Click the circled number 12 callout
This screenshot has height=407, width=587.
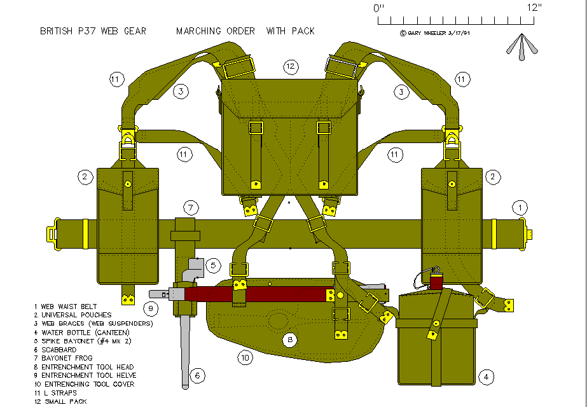point(291,66)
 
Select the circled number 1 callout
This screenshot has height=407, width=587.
point(520,207)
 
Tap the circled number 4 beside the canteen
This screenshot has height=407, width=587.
point(486,376)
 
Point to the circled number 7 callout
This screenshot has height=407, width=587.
point(190,207)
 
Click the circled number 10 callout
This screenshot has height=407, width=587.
point(245,358)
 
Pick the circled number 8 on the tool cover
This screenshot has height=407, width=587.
point(290,340)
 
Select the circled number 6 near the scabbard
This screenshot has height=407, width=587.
point(198,376)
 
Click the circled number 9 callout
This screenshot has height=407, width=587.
point(150,309)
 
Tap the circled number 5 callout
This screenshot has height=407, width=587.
point(214,265)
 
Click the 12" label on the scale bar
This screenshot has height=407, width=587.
point(534,8)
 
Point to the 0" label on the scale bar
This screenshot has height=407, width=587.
point(380,8)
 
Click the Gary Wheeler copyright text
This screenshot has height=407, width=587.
point(435,32)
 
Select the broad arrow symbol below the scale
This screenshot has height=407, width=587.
point(521,46)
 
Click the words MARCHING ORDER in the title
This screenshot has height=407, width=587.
point(216,31)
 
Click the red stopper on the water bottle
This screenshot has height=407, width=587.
point(436,281)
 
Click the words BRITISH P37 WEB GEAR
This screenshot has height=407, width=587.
point(93,31)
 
